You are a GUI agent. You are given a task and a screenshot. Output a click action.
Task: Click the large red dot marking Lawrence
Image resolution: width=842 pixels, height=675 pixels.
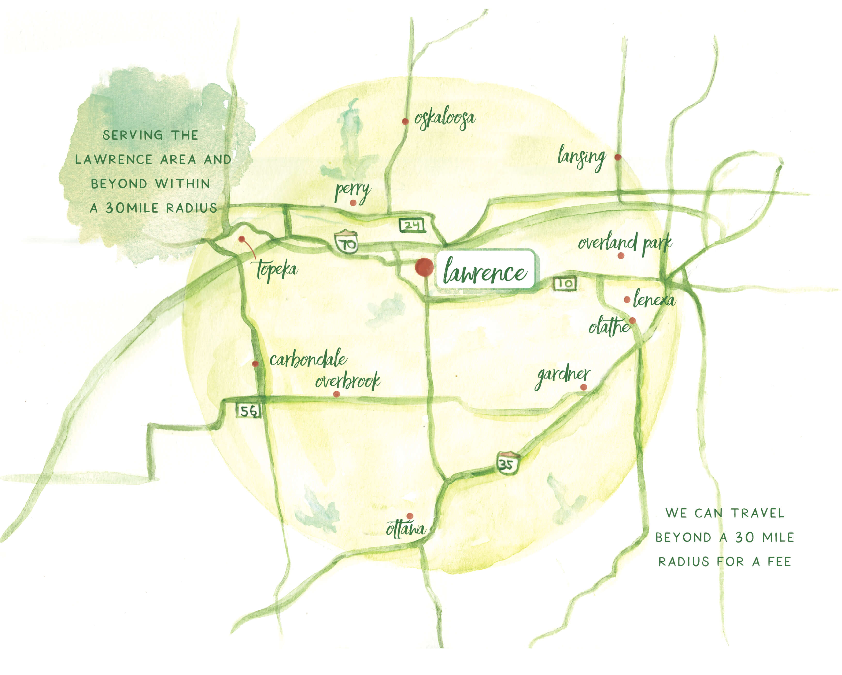click(424, 267)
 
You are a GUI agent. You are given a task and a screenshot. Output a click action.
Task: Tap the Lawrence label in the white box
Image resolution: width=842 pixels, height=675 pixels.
click(485, 270)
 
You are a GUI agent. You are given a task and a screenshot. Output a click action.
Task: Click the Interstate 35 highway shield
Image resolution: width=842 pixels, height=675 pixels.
click(507, 463)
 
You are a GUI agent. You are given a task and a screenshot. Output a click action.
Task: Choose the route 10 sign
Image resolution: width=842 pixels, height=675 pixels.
click(565, 283)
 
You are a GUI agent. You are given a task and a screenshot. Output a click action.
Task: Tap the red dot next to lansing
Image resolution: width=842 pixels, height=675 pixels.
click(618, 157)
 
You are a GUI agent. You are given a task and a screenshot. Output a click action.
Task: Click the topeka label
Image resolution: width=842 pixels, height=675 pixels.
click(277, 269)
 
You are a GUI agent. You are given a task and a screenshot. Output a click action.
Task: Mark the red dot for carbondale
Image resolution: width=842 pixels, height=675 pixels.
click(255, 364)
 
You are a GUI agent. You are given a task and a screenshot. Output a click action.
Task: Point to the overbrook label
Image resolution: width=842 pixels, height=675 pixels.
click(348, 381)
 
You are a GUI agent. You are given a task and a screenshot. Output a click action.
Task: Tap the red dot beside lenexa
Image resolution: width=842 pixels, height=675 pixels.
click(627, 300)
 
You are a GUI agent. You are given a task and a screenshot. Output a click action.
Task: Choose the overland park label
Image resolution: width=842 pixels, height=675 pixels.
click(625, 243)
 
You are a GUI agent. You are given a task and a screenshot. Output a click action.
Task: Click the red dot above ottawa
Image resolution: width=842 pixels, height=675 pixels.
click(410, 516)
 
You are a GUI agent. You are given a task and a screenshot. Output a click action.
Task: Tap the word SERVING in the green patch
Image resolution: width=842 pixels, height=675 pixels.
click(133, 135)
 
